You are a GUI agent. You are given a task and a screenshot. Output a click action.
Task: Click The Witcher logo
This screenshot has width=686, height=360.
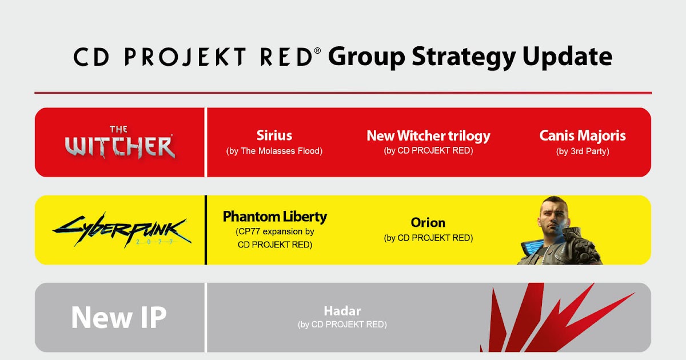pos(120,142)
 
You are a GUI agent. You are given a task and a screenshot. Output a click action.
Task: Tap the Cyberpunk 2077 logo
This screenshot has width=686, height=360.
pos(122,230)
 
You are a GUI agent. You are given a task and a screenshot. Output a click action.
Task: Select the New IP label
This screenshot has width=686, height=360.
pos(119,318)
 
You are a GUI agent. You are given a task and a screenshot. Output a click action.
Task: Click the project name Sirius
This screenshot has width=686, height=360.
pos(274,135)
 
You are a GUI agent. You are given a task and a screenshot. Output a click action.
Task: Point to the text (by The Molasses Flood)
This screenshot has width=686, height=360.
pos(274,151)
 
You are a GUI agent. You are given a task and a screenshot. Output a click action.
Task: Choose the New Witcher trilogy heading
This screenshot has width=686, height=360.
pos(428,136)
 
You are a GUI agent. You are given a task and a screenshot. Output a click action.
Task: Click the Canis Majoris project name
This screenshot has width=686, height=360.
pos(583,135)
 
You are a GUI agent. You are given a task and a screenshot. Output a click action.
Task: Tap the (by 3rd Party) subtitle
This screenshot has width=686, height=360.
pos(583,151)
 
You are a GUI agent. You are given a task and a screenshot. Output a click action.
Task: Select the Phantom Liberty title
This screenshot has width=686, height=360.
pos(275,217)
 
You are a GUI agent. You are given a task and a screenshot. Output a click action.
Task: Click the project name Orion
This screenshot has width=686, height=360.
pos(428,222)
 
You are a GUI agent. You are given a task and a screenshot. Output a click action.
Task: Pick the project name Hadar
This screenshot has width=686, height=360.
pos(342,311)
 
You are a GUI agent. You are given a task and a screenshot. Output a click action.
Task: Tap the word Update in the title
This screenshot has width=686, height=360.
pos(568,57)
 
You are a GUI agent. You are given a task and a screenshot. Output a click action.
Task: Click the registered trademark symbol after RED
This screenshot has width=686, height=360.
pos(318,51)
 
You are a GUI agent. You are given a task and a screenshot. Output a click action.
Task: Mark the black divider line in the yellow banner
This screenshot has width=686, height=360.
pos(206,230)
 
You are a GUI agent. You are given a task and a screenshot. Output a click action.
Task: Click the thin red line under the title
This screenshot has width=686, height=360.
pos(343,93)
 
